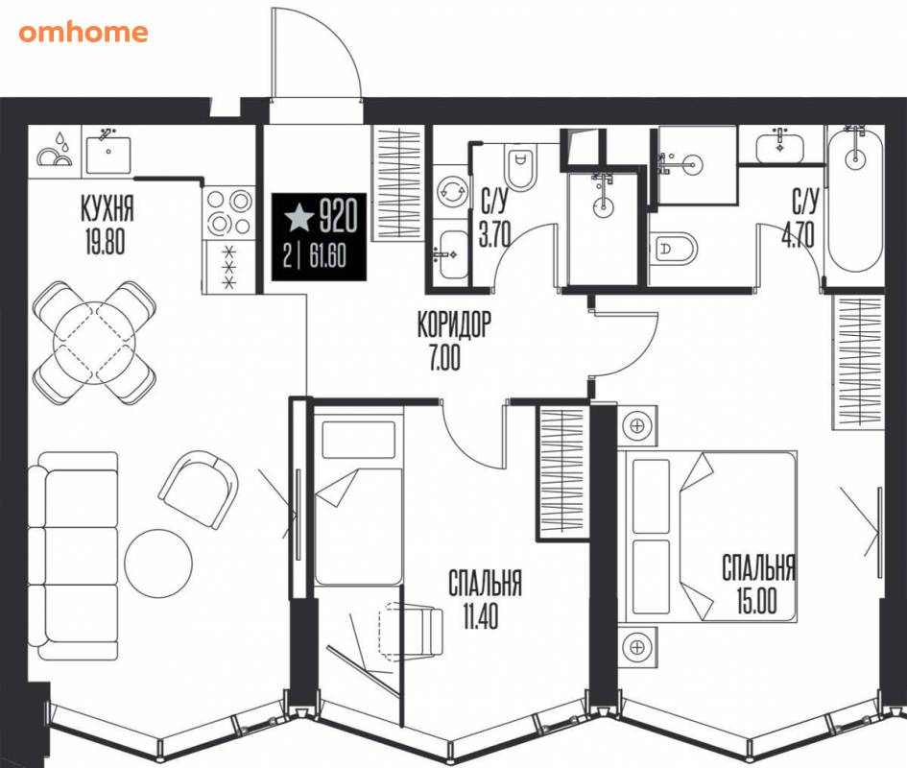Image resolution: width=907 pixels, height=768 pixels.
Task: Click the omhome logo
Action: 84,33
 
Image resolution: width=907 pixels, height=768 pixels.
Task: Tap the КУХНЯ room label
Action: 107,208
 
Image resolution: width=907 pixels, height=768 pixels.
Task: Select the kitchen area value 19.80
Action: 105,241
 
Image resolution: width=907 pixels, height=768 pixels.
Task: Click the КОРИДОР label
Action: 454,324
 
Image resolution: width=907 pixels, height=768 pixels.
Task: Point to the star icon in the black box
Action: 299,218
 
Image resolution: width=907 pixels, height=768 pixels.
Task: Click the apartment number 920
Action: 339,215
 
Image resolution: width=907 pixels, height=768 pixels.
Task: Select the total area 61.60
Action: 327,255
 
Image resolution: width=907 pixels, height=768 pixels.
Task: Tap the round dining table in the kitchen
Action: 94,343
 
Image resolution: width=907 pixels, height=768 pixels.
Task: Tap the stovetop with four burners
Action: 229,212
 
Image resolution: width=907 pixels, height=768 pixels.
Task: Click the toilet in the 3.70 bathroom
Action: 520,166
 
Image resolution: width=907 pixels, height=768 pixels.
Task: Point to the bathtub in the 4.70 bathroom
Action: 855,200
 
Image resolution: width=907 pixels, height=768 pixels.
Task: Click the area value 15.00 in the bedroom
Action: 756,600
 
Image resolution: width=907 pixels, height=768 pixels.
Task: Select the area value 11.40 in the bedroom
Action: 481,616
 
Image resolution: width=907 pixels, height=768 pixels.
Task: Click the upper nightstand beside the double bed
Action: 637,425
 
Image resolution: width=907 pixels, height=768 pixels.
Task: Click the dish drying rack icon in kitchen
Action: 55,151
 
